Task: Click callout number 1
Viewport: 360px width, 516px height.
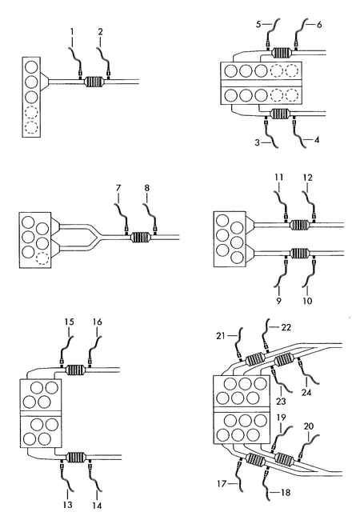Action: [72, 31]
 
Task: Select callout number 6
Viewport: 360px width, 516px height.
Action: [318, 24]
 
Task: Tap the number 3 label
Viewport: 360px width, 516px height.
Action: [258, 142]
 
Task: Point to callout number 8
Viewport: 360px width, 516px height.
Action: [146, 188]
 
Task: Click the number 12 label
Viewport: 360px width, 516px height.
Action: [308, 178]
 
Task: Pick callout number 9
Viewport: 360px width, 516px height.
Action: [278, 301]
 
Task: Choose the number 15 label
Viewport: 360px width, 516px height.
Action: [69, 322]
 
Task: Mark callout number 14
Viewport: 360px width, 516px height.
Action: [97, 506]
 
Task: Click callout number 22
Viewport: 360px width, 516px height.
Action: [286, 327]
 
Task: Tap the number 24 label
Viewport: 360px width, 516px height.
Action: [306, 392]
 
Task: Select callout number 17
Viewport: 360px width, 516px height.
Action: [222, 484]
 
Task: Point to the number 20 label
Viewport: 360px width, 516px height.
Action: [308, 426]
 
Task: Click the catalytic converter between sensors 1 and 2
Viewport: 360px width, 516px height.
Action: [94, 82]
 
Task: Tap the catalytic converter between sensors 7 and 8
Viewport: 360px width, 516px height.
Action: [141, 238]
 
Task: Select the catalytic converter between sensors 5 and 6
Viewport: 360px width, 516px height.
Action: [282, 53]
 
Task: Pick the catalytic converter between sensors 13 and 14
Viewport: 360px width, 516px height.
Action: [76, 458]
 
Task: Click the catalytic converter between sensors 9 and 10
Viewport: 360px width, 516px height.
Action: [299, 253]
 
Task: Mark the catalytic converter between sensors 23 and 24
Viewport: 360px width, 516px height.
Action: [283, 360]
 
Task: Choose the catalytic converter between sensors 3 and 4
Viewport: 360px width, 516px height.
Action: [281, 114]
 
